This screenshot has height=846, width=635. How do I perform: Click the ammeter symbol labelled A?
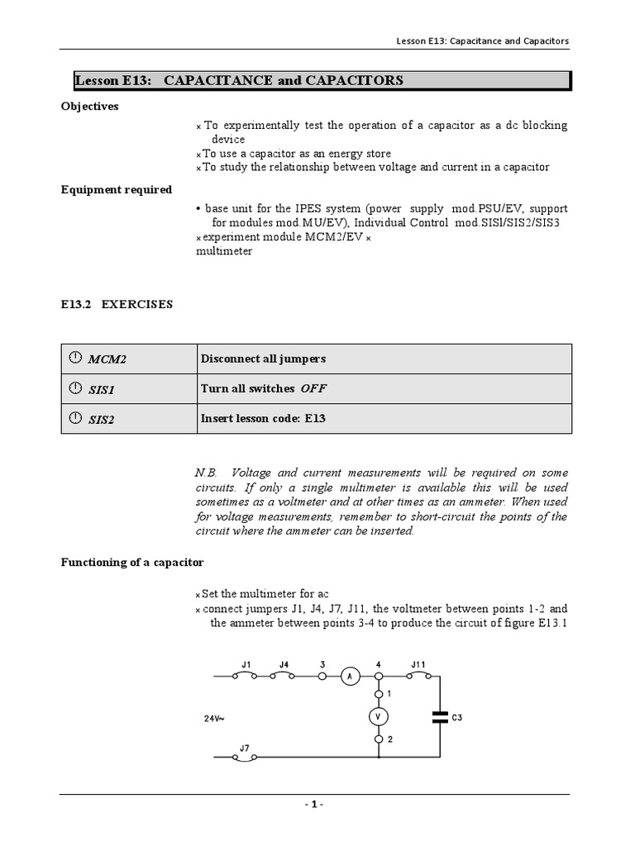(349, 676)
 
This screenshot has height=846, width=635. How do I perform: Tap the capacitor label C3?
(457, 718)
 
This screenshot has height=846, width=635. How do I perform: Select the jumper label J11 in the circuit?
(418, 663)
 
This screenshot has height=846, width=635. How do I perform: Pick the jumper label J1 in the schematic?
(246, 663)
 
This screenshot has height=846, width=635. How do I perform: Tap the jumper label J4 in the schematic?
(284, 663)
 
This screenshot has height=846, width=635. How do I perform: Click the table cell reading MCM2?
(107, 359)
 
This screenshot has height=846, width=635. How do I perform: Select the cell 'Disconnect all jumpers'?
(263, 359)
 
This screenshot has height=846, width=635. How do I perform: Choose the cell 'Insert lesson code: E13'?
(263, 418)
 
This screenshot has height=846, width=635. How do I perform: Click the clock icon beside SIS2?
(75, 418)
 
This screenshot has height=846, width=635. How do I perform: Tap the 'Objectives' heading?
(89, 107)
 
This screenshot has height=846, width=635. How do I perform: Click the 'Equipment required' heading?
(116, 189)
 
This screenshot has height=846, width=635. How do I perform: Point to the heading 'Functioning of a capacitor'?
(132, 562)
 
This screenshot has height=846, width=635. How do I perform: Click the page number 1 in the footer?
(314, 805)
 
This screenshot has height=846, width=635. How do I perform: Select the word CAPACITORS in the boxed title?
(356, 80)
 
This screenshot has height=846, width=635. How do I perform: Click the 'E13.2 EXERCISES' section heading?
(117, 304)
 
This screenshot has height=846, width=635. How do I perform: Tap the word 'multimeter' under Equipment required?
(224, 251)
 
